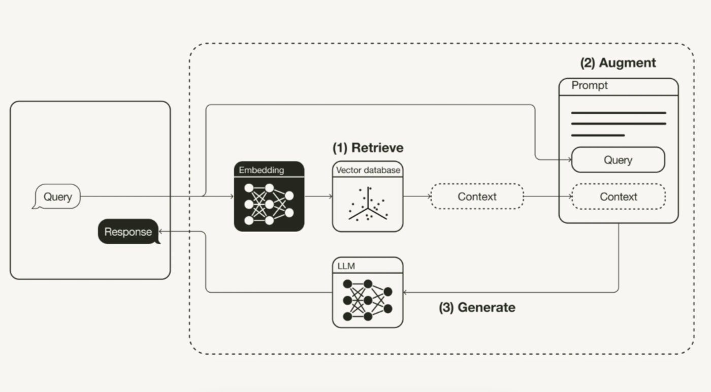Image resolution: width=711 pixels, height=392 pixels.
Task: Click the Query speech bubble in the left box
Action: pos(57,197)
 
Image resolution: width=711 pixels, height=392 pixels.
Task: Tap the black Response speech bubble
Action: pos(128,232)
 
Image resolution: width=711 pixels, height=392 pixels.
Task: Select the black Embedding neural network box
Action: pos(269,197)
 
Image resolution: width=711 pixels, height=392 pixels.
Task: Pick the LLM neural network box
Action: pos(368,292)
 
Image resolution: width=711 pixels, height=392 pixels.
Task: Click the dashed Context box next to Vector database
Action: pos(476,197)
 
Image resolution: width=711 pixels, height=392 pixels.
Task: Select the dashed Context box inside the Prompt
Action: pos(618,197)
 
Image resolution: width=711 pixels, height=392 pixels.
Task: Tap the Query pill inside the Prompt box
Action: pos(618,160)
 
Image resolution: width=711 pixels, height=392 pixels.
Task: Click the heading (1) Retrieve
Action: pos(368,148)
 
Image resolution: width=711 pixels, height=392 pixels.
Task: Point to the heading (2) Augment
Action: pos(618,63)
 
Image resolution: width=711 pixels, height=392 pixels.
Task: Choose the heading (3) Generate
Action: pos(477,307)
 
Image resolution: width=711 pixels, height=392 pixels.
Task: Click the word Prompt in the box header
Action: pos(589,86)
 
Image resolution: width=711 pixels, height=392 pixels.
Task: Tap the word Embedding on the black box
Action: pos(262,169)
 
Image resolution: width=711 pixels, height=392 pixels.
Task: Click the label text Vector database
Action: pos(368,170)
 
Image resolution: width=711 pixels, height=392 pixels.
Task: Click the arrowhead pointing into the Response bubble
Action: pos(161,232)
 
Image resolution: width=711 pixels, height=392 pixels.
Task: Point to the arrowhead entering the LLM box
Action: pos(405,292)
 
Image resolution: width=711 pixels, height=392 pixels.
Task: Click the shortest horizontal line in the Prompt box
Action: pos(597,135)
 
